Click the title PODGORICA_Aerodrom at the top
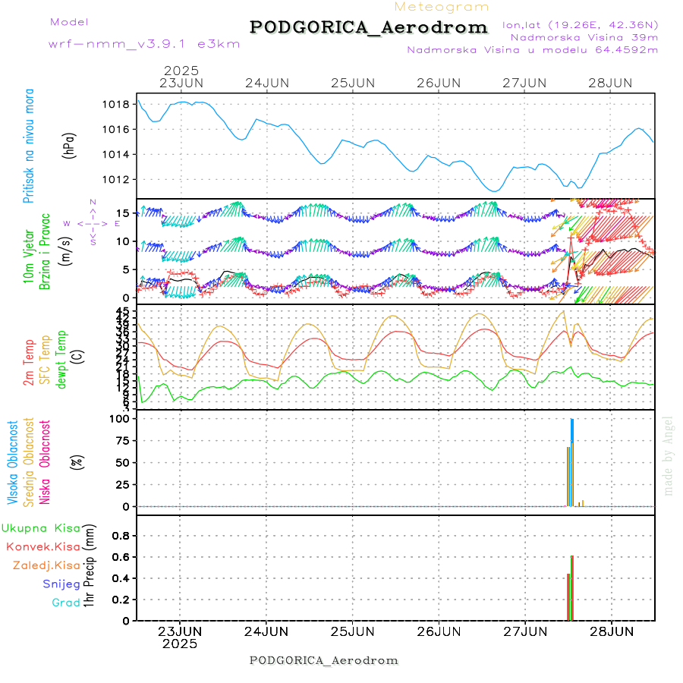[368, 27]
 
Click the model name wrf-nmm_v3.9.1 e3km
[144, 44]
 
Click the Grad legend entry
[65, 603]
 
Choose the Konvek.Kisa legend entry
[42, 546]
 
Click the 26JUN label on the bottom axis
[439, 631]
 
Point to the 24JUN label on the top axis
[266, 83]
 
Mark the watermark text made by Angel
[669, 455]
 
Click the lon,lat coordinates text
[580, 24]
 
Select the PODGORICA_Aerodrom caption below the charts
[323, 660]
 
